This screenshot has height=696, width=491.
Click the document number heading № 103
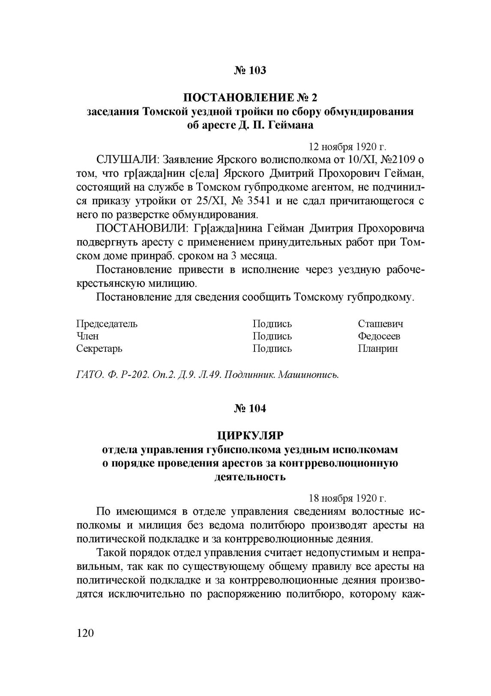coord(250,70)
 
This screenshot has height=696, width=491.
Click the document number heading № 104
coord(250,408)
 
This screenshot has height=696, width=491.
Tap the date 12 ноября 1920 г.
coord(347,147)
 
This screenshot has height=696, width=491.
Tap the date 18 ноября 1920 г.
coord(347,498)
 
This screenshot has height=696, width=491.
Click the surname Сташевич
coord(380,324)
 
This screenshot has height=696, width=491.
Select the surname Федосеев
coord(379,336)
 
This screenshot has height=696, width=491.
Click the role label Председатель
coord(107,324)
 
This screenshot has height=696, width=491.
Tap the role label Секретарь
coord(99,348)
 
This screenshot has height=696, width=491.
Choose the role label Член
coord(87,336)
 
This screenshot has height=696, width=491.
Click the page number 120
coord(85,633)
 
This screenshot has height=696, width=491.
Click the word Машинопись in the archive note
coord(308,375)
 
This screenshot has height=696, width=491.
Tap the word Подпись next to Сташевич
coord(272,324)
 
